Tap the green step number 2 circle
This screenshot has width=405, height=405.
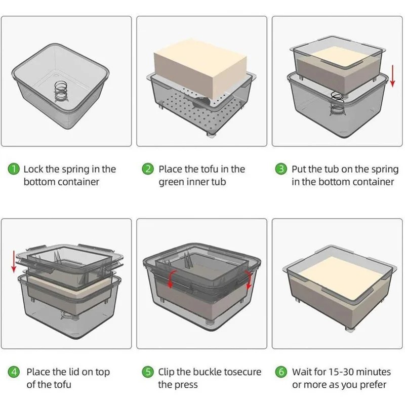point(148,169)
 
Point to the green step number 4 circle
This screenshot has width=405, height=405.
point(15,372)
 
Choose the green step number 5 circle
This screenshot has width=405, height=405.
point(148,372)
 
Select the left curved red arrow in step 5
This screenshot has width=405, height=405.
point(171,277)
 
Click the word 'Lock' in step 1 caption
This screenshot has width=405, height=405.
point(34,169)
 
